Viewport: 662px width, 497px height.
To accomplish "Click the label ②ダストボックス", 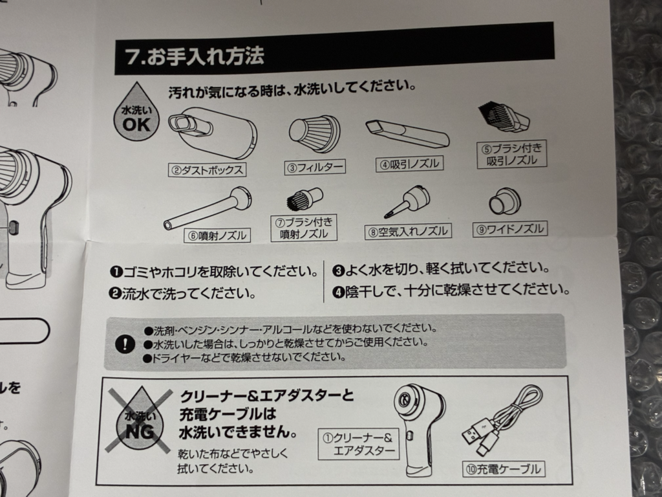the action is point(207,170).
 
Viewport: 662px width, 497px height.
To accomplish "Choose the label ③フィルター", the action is point(315,167).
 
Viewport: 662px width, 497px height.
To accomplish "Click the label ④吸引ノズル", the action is point(409,164).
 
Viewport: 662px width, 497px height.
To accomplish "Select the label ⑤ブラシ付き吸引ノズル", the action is point(512,154).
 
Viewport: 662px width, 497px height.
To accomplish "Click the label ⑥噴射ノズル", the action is point(217,235).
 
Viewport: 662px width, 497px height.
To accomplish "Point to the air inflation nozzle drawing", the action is point(407,201).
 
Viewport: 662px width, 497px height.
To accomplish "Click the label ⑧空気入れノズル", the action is point(408,232).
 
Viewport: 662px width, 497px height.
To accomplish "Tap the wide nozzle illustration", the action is point(504,202).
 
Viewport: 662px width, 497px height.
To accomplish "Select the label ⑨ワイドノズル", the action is point(510,229).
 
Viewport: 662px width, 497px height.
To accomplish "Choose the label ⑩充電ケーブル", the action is point(504,469).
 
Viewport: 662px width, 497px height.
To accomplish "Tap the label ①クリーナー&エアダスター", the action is point(358,444).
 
